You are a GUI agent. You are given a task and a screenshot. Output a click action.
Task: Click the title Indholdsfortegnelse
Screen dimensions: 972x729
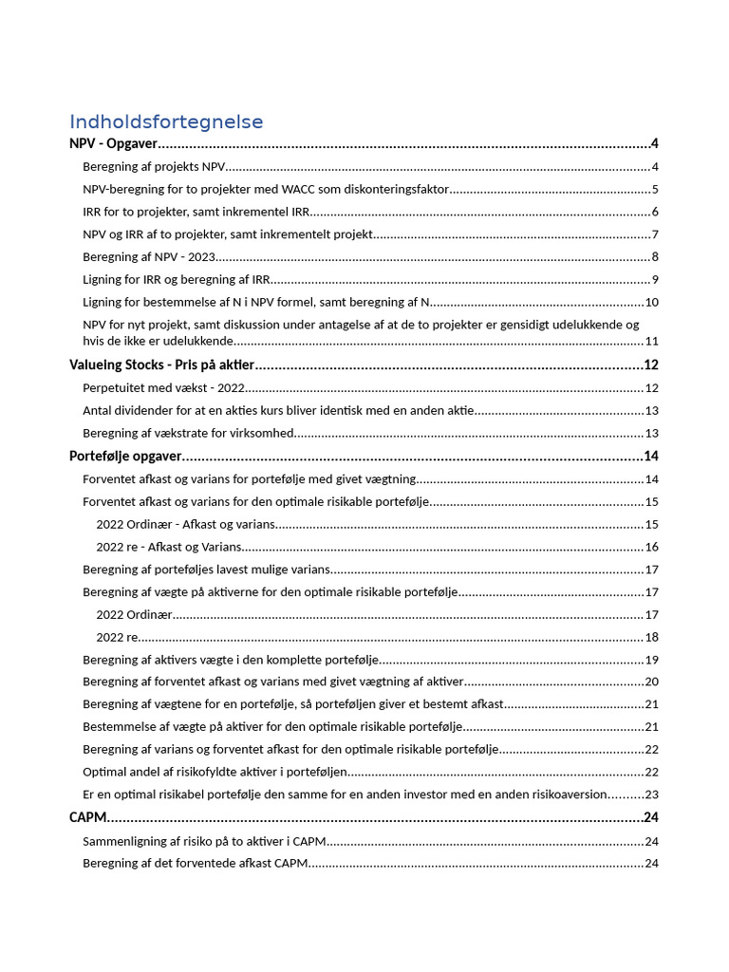point(166,121)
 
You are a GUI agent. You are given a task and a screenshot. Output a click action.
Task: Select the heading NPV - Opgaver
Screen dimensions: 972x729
point(113,144)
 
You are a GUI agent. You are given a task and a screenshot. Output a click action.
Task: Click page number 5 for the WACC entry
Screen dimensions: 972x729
point(655,189)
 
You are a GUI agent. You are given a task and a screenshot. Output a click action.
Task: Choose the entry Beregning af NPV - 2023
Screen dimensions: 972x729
point(150,256)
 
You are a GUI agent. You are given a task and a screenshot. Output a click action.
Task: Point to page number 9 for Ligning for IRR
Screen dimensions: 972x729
point(655,279)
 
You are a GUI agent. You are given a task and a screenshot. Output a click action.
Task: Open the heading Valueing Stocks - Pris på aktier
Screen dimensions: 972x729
point(162,365)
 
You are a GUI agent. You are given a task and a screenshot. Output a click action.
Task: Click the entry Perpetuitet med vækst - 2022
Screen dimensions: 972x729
point(164,388)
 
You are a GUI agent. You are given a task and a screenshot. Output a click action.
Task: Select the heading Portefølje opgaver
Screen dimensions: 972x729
point(124,457)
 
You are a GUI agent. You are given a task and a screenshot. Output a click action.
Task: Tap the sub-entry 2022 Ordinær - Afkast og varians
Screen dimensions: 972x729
point(186,524)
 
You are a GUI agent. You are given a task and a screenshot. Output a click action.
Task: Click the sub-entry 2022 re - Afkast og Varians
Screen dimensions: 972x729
point(169,547)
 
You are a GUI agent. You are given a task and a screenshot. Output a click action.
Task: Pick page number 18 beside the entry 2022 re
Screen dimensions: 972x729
point(652,637)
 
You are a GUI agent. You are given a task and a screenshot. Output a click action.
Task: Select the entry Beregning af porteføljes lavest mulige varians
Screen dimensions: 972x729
point(207,570)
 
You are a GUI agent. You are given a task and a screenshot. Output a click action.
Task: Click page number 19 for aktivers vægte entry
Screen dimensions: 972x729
point(652,660)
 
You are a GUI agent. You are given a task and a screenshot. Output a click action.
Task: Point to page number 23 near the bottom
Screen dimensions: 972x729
point(652,794)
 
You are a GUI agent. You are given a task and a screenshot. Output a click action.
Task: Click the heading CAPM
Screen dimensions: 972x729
point(87,817)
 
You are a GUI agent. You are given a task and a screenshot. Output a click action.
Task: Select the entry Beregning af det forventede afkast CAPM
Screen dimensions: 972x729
point(196,863)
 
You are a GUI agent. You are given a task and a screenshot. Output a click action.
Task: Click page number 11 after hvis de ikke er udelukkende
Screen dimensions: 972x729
point(652,341)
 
